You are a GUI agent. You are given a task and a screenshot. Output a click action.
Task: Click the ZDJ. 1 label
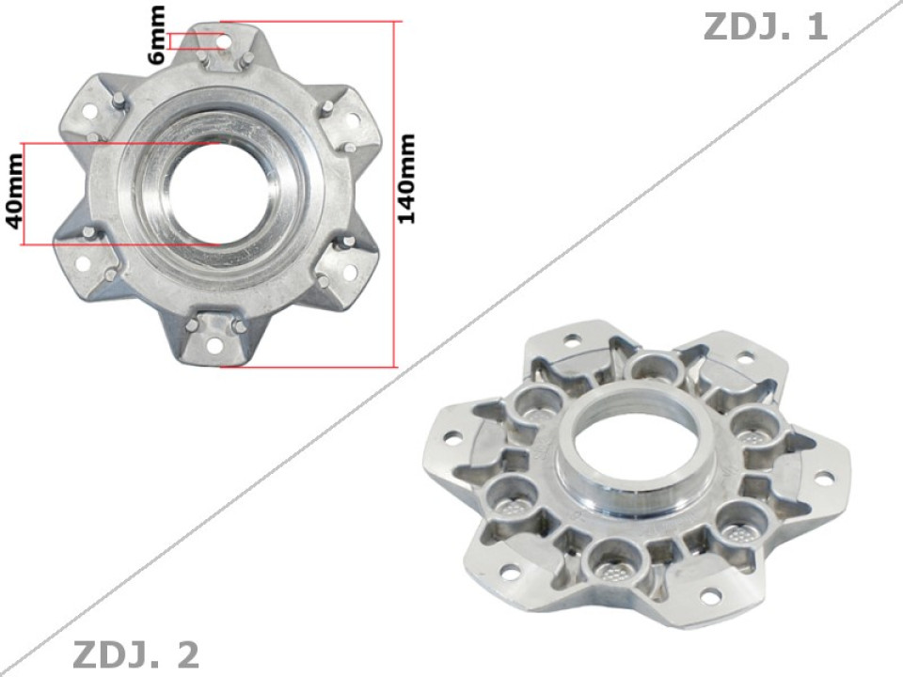765,26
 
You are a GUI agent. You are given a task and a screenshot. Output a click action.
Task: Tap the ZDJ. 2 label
135,653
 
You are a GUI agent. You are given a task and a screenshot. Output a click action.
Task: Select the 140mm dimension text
406,179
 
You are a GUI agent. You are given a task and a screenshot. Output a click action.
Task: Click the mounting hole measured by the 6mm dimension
223,40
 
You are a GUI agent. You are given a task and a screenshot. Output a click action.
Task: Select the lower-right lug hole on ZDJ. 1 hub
350,273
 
